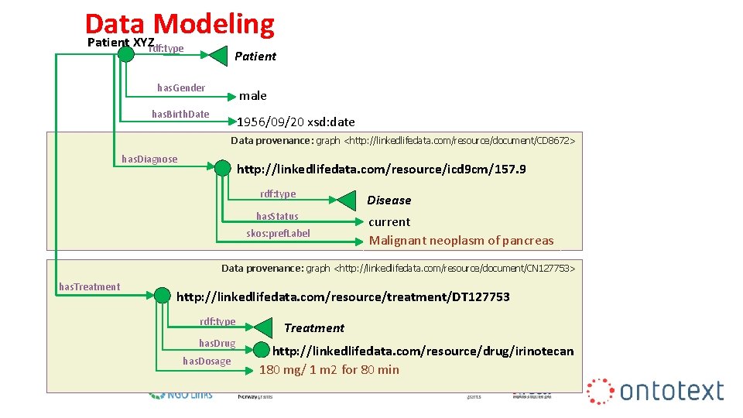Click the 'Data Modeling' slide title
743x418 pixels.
pos(180,23)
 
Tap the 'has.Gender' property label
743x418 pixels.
pos(181,88)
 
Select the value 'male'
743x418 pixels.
pos(252,96)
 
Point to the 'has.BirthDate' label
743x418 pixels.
pos(180,115)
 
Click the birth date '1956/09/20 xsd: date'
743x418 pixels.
pos(296,122)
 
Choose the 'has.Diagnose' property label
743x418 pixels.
pos(149,159)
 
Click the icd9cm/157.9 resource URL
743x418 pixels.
pos(381,169)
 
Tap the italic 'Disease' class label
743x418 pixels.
pos(389,200)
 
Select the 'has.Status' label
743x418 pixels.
pos(277,216)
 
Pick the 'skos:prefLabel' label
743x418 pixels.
pos(278,233)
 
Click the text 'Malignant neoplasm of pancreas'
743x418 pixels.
pos(461,240)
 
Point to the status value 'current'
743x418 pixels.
pos(389,221)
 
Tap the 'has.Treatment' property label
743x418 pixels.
pos(90,287)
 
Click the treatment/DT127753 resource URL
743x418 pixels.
pos(343,296)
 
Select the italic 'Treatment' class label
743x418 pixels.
pos(313,328)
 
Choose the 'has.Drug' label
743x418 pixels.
pos(217,343)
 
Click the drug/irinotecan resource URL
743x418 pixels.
pos(423,351)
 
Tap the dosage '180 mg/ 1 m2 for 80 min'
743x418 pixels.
pos(329,370)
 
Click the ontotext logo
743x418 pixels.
pos(656,391)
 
